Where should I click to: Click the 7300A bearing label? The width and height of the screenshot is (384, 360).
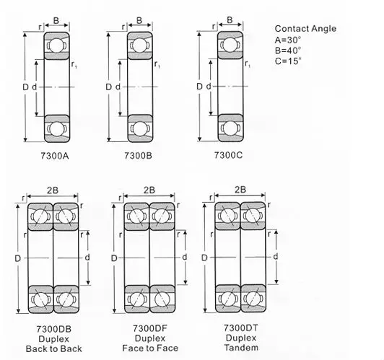(x=55, y=156)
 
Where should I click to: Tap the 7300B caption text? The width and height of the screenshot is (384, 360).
(x=138, y=155)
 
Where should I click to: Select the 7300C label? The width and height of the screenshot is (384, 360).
(x=228, y=155)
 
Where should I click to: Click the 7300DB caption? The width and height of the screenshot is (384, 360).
(x=54, y=329)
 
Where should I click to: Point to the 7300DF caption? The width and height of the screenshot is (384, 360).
(x=150, y=328)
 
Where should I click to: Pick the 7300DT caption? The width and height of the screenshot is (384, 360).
(x=241, y=328)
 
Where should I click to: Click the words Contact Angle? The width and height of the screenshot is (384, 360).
(x=305, y=29)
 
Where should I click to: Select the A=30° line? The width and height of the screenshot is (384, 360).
(x=288, y=40)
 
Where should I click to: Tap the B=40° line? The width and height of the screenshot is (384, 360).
(x=288, y=51)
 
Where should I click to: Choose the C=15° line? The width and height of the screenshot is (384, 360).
(x=288, y=61)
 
